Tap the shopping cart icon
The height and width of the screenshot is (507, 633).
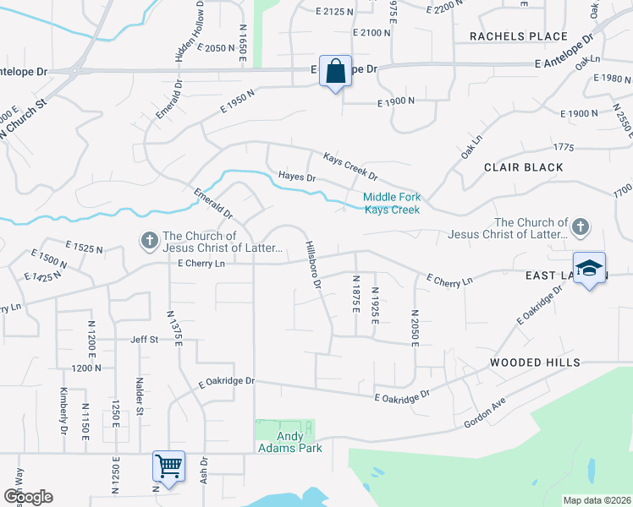point(168,466)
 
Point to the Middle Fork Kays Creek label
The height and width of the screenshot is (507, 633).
point(392,204)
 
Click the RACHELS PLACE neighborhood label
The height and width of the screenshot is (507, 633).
point(518,36)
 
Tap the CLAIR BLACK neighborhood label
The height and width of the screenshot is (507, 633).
point(523,167)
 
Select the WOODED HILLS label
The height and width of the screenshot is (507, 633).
point(535,363)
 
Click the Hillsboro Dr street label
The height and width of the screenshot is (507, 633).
point(313,265)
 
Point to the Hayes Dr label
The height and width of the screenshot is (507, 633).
point(296,177)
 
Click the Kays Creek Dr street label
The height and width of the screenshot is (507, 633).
point(350,166)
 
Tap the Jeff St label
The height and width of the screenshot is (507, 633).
point(144,340)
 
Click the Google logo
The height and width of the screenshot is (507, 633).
point(27,497)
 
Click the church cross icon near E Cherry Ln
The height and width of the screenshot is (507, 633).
point(149,241)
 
